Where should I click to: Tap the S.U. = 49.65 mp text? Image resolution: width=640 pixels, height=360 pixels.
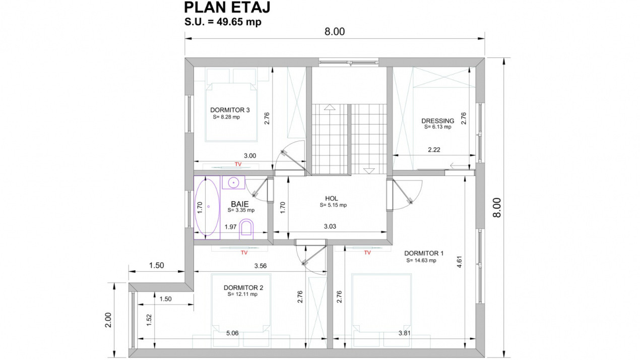(x=223, y=22)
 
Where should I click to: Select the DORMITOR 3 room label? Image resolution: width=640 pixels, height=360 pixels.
(x=230, y=110)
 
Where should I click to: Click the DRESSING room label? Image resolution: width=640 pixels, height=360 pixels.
(x=437, y=121)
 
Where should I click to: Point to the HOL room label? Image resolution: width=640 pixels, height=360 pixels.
(x=332, y=199)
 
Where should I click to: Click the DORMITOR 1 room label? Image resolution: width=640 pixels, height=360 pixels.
(x=424, y=254)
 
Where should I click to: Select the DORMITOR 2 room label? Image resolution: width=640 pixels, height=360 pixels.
(x=243, y=288)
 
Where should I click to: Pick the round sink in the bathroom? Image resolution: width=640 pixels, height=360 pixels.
(x=234, y=182)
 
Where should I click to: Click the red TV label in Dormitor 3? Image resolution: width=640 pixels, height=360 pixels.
(x=238, y=164)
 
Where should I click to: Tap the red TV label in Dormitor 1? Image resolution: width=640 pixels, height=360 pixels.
(x=367, y=253)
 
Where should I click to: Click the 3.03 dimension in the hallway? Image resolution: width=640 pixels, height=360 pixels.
(x=330, y=226)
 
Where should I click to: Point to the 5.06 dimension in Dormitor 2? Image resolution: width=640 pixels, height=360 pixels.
(x=232, y=333)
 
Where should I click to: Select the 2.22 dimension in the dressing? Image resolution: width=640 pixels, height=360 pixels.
(x=434, y=150)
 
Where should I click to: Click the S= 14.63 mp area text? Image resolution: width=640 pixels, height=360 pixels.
(x=421, y=261)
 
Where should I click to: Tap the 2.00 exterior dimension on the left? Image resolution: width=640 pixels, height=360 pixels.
(x=108, y=320)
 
